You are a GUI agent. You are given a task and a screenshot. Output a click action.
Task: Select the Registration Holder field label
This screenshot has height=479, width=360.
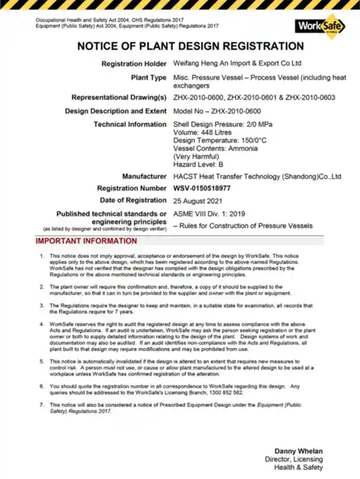134,63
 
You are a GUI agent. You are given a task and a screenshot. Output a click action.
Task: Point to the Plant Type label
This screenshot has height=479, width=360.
148,77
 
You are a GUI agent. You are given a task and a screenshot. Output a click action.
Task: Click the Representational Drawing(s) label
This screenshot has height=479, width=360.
119,97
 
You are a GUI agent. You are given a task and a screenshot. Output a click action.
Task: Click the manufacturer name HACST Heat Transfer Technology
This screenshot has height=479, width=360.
257,176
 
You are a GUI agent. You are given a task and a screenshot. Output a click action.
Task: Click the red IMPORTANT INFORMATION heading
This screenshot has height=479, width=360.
86,241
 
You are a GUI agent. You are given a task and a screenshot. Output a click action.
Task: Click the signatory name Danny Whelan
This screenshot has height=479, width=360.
298,450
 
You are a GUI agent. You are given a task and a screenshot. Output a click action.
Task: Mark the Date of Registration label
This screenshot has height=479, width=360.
133,200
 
